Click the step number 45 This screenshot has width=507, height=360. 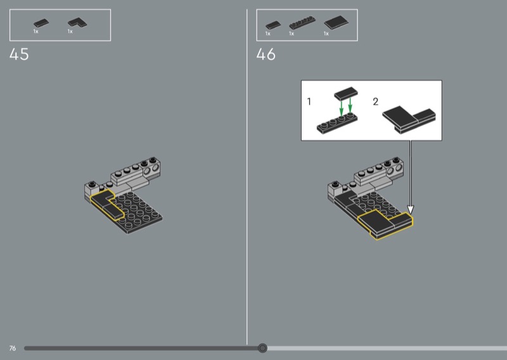(x=19, y=54)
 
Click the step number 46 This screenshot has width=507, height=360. (x=266, y=54)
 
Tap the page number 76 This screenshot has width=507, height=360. (x=13, y=348)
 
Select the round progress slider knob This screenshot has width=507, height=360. (x=262, y=348)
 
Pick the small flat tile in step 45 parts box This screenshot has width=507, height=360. (x=41, y=23)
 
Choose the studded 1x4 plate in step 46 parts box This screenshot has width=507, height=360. (x=302, y=23)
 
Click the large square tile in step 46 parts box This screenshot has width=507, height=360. (x=337, y=23)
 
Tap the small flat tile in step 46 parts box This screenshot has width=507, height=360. (x=273, y=25)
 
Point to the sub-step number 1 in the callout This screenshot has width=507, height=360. (x=309, y=101)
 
